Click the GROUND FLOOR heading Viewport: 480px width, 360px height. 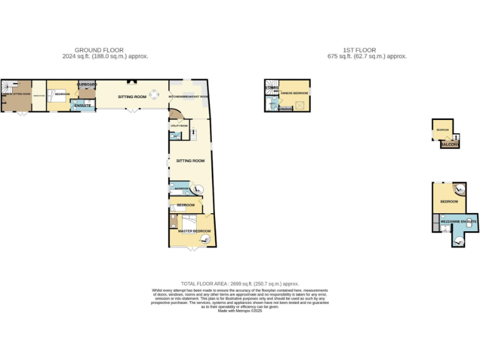click(x=99, y=50)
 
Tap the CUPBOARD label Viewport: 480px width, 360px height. click(x=87, y=84)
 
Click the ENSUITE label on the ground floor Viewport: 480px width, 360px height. click(x=82, y=106)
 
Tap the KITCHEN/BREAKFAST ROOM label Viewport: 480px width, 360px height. click(x=189, y=97)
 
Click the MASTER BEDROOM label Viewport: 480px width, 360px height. click(x=194, y=231)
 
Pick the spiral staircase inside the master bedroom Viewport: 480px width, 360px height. click(x=205, y=237)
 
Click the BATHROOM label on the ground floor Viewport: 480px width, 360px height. click(x=182, y=188)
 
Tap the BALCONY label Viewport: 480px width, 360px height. click(x=450, y=145)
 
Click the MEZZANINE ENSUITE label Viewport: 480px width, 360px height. click(x=459, y=221)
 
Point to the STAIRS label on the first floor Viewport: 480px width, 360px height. click(x=271, y=88)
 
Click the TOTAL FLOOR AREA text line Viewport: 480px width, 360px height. click(x=240, y=283)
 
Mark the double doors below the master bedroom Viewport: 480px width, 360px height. click(x=191, y=249)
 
